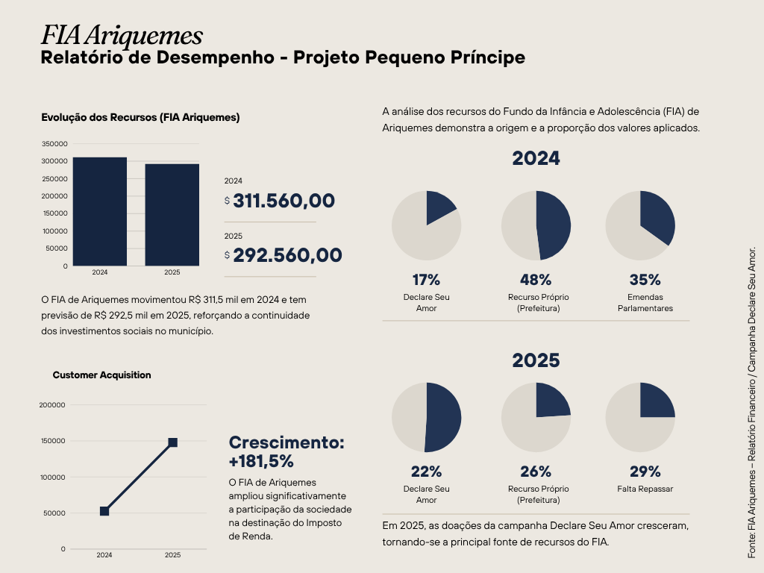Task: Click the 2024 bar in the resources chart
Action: point(99,211)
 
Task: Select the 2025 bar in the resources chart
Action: point(172,215)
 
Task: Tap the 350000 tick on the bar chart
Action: point(54,143)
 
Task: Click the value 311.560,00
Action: point(284,201)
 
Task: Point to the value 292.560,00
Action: point(287,255)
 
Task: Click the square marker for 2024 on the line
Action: point(104,511)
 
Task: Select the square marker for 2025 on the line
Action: point(172,442)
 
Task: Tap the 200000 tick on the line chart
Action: point(52,405)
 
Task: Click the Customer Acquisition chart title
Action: point(101,375)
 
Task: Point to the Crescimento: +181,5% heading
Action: point(286,451)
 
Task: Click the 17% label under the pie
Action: point(426,280)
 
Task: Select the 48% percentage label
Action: point(536,280)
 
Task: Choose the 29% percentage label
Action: point(645,472)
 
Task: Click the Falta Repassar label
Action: point(645,489)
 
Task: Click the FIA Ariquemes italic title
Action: point(122,35)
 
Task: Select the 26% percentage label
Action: point(536,472)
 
